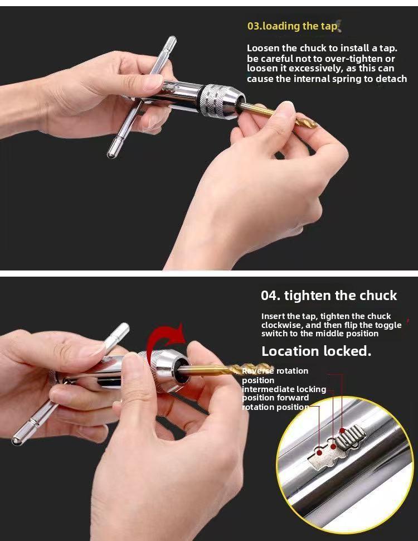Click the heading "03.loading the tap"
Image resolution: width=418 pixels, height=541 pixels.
292,26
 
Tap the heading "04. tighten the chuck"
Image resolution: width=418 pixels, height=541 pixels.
329,296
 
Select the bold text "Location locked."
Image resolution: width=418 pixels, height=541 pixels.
316,351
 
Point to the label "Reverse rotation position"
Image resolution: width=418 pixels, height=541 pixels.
274,375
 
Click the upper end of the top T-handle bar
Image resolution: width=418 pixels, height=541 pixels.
171,41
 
